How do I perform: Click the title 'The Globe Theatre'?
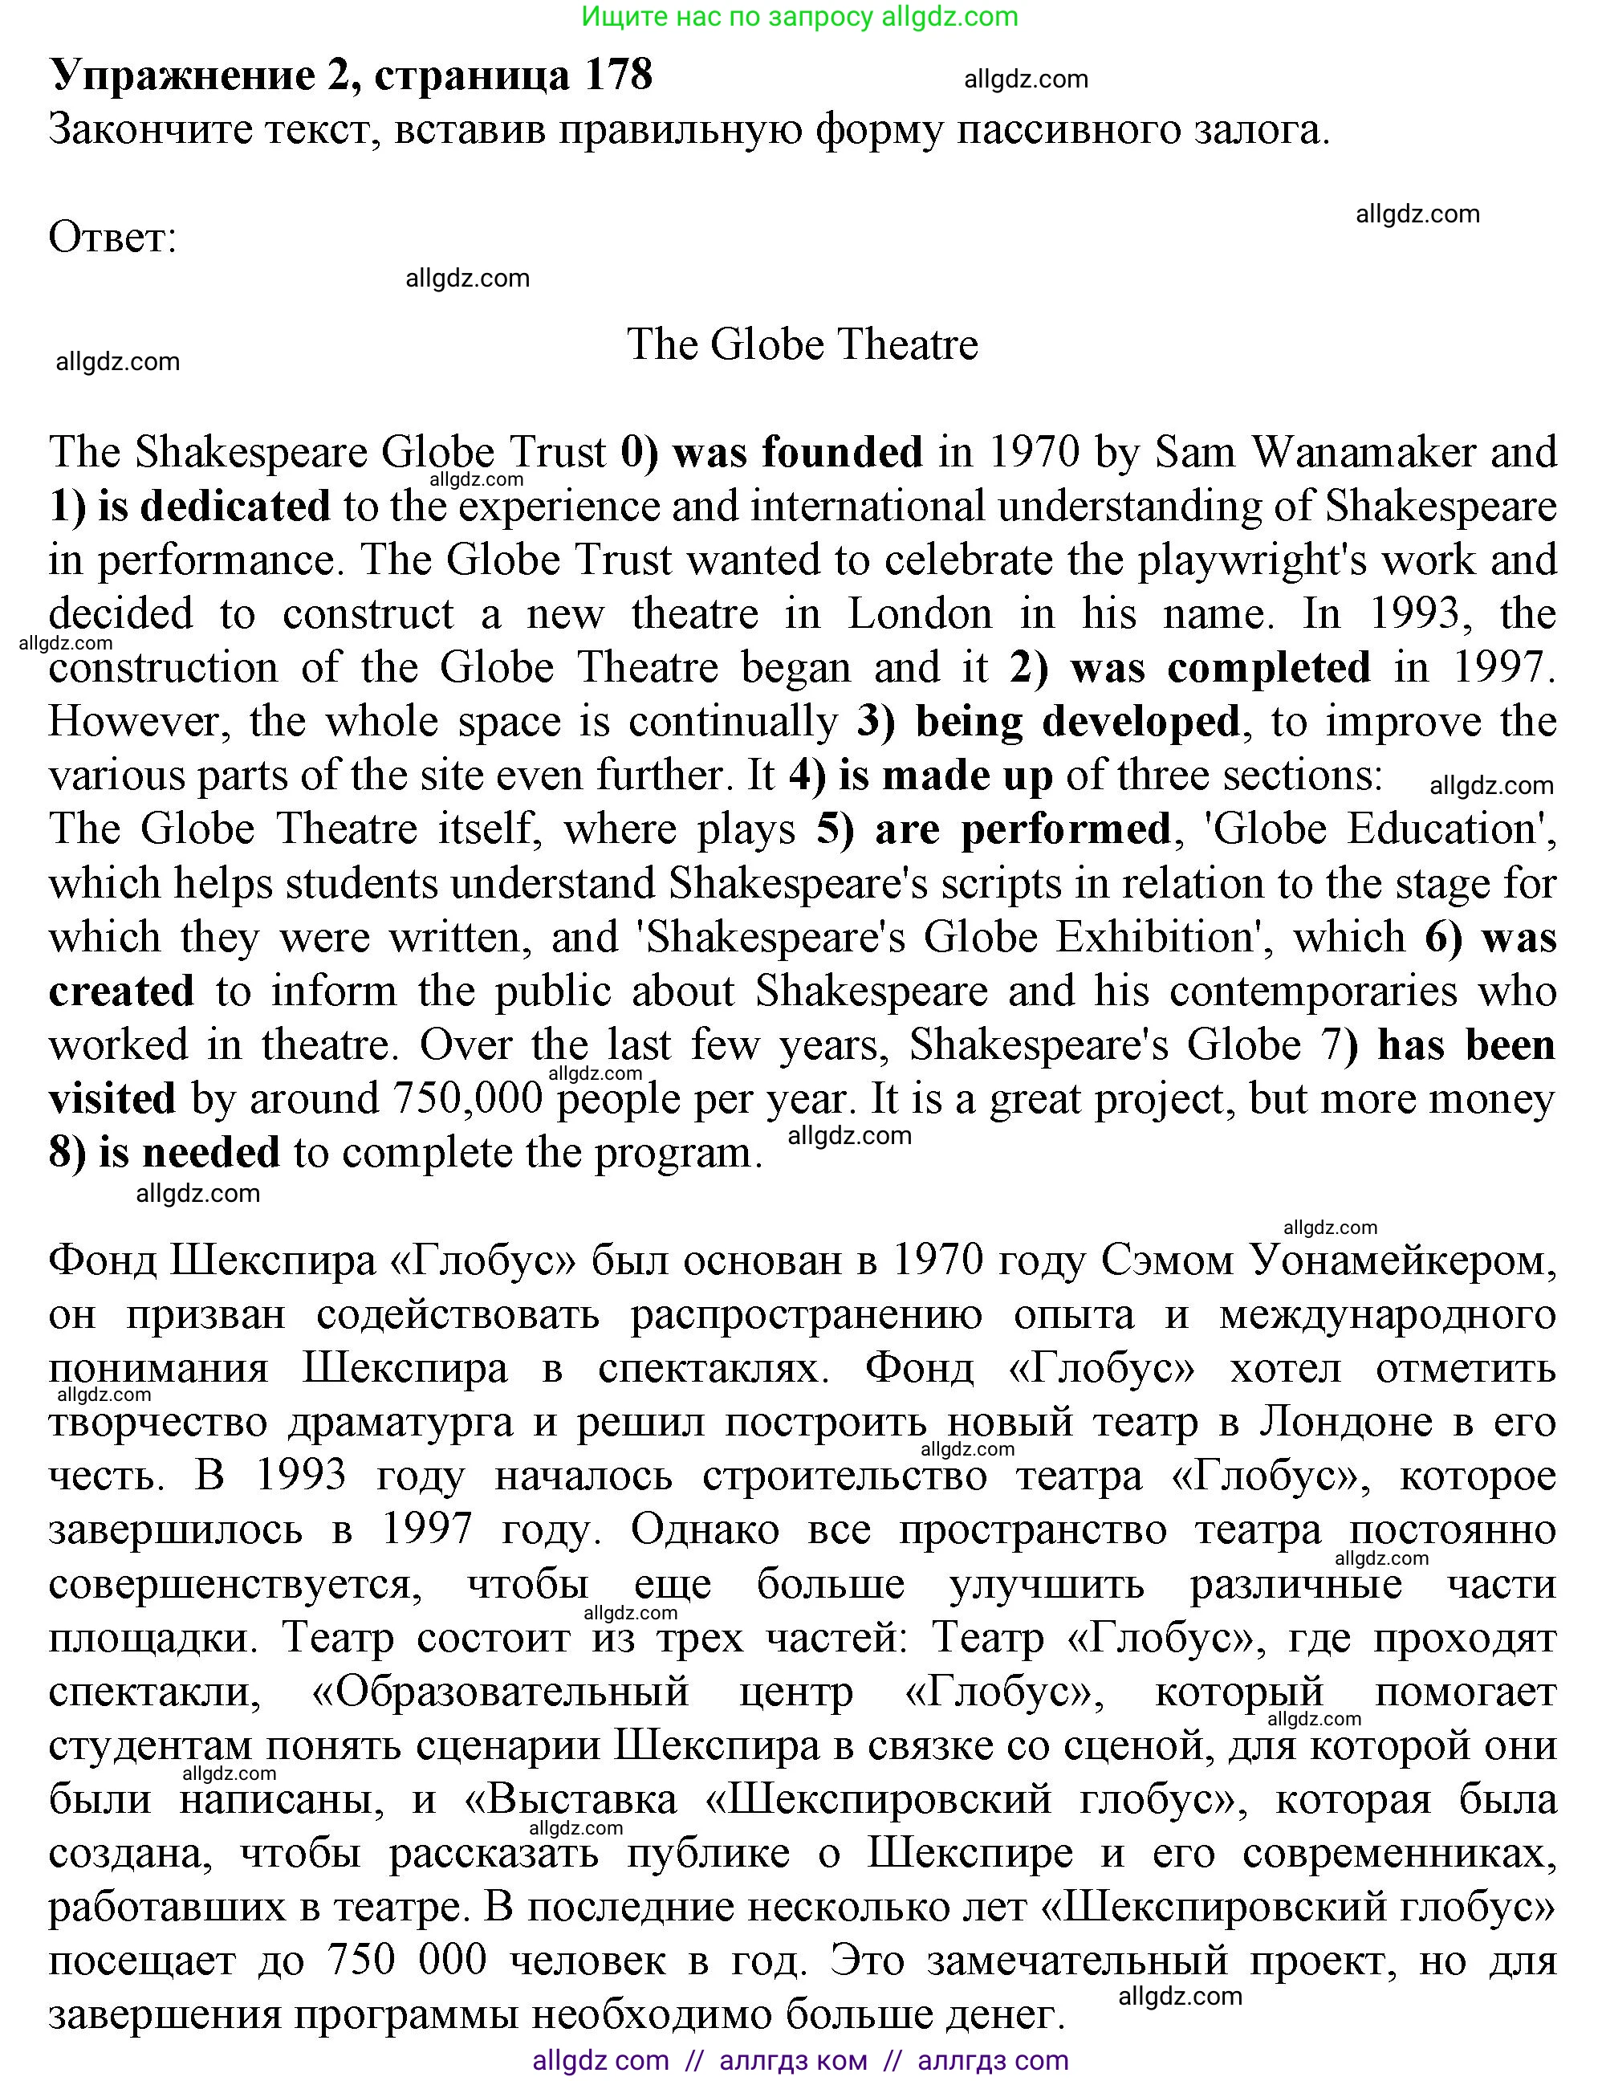click(x=801, y=345)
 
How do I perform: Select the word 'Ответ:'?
click(x=112, y=238)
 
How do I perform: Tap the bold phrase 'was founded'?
click(x=797, y=453)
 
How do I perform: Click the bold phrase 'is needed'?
click(x=189, y=1153)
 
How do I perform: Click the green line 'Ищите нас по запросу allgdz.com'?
click(x=799, y=16)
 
